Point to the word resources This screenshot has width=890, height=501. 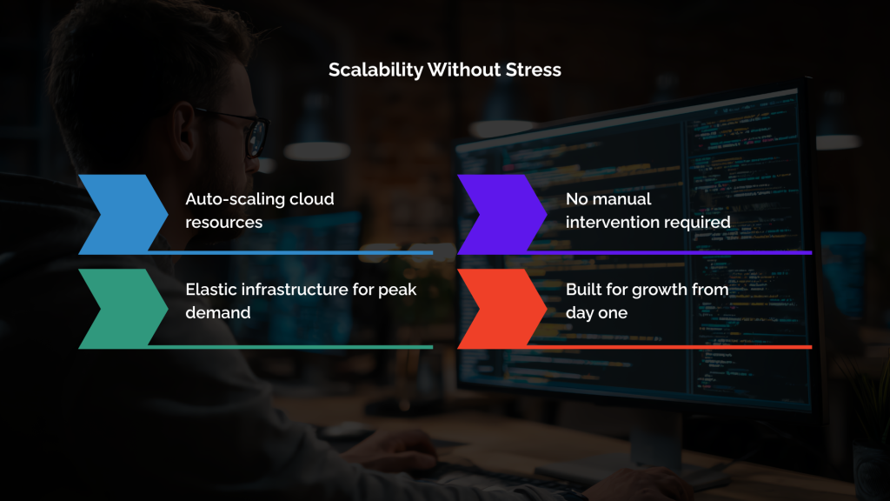223,222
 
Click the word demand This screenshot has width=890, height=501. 217,312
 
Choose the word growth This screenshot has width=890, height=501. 660,290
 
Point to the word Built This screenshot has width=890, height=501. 584,290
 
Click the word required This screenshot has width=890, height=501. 700,222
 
